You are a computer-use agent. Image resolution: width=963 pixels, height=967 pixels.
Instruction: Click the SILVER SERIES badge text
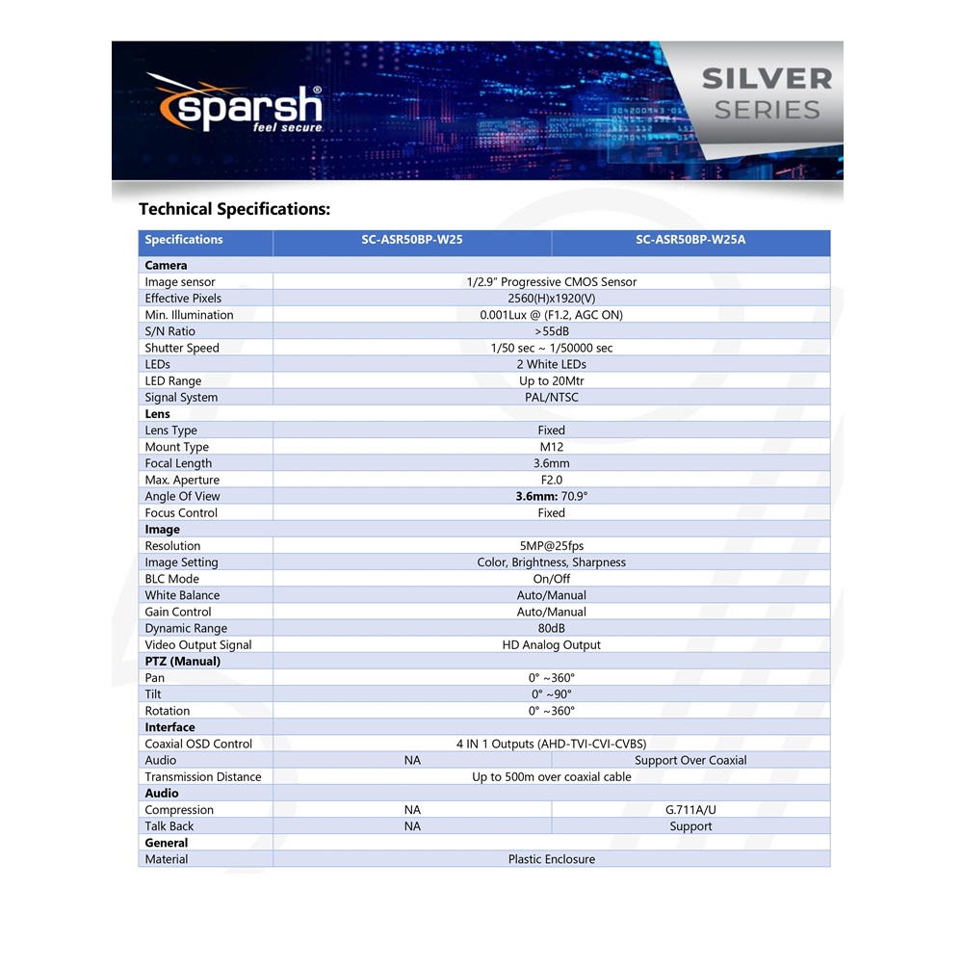click(767, 93)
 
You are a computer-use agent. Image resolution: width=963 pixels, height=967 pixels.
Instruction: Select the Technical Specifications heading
click(234, 209)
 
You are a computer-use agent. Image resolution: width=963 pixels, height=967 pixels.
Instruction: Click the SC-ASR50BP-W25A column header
click(690, 240)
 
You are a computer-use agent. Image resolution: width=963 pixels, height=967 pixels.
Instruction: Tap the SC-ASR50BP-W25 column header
click(412, 240)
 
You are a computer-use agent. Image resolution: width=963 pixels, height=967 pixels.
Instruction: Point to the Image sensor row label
click(174, 282)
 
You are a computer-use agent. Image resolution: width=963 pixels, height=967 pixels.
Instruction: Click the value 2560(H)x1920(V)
click(552, 299)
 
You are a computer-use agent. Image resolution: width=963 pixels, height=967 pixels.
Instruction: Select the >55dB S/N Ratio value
click(552, 331)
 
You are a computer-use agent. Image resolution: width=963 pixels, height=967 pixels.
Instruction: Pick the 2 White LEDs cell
click(552, 364)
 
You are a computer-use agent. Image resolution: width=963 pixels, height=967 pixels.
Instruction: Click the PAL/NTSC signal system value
click(552, 397)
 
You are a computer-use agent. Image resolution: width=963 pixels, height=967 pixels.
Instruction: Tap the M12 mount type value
click(552, 447)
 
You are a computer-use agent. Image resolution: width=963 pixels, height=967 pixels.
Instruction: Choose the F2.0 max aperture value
click(552, 480)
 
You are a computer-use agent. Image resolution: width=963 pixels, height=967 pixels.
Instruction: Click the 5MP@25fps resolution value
click(552, 546)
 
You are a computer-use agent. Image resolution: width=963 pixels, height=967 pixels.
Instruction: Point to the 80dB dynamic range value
click(552, 628)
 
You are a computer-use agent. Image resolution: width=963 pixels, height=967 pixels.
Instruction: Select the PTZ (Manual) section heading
click(183, 662)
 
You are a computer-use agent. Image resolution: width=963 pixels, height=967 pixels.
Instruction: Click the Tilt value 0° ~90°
click(552, 694)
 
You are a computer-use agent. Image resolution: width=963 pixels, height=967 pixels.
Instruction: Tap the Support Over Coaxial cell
click(690, 760)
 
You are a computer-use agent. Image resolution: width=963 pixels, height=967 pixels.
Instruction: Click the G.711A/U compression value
click(690, 810)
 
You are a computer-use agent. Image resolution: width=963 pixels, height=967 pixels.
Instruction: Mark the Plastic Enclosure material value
click(552, 859)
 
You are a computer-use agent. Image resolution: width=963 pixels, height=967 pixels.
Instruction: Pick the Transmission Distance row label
click(203, 777)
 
